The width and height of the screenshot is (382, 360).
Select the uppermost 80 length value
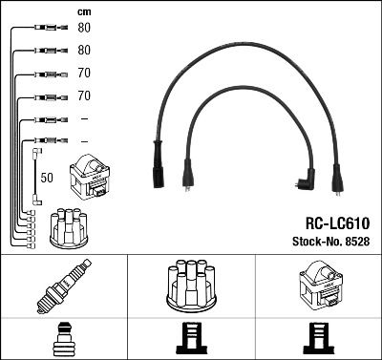tap(84, 28)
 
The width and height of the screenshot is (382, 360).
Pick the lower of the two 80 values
tap(84, 50)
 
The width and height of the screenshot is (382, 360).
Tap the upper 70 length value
tap(84, 73)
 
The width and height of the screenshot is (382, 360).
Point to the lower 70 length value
tap(84, 95)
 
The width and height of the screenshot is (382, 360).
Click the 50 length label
tap(46, 178)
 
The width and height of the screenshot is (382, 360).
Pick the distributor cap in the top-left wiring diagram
tap(68, 228)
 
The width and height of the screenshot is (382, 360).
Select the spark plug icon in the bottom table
tap(63, 287)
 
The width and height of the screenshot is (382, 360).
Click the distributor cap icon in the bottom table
tap(190, 286)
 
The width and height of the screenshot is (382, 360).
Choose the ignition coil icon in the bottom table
tap(317, 286)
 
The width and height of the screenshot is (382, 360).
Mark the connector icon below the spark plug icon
tap(63, 339)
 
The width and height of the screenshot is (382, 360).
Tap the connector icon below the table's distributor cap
tap(190, 339)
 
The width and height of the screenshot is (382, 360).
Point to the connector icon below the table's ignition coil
tap(317, 339)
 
